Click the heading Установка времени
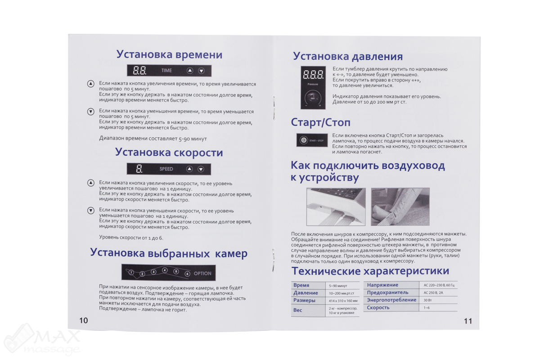[x=169, y=55]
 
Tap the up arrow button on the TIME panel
[x=190, y=71]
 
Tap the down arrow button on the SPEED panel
[x=201, y=169]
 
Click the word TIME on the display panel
[x=166, y=71]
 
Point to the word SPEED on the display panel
[x=166, y=169]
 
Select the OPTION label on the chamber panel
[x=202, y=273]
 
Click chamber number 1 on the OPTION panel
[x=131, y=273]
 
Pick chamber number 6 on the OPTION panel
[x=187, y=273]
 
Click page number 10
[x=84, y=320]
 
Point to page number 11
[x=468, y=321]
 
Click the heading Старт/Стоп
[x=320, y=122]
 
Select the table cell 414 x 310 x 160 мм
[x=343, y=301]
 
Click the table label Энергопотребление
[x=391, y=300]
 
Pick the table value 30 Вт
[x=428, y=300]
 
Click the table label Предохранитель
[x=387, y=292]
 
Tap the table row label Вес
[x=298, y=310]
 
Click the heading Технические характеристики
[x=370, y=271]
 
